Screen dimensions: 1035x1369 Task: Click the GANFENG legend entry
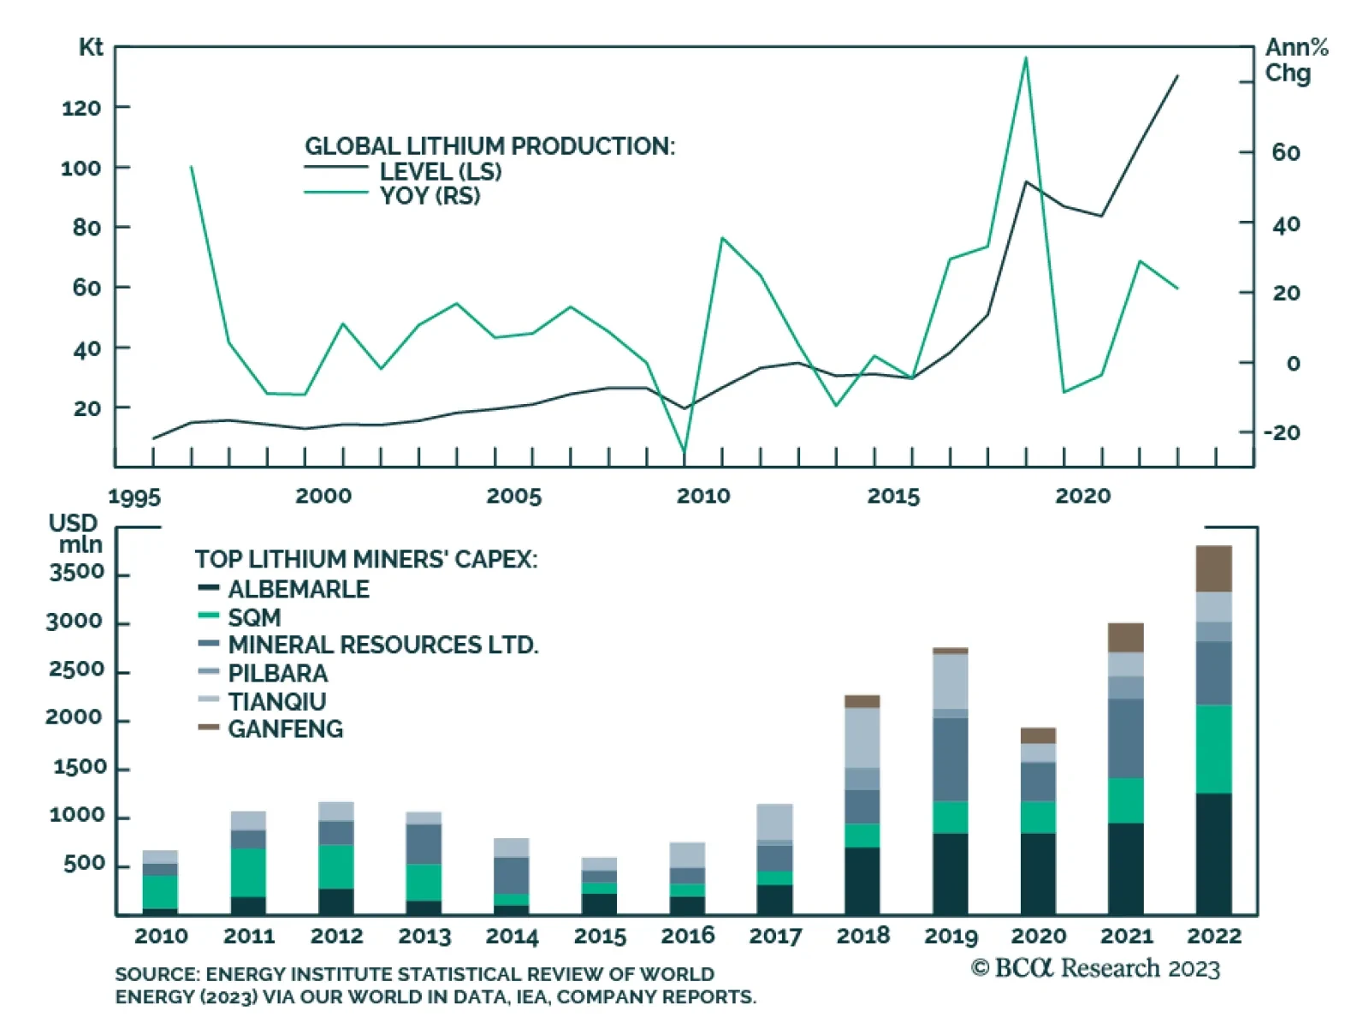coord(285,729)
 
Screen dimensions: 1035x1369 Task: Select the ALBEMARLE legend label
coord(299,589)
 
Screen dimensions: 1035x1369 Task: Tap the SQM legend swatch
coord(209,616)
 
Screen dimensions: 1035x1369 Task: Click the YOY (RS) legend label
coord(430,195)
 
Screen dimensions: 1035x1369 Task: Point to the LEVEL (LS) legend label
coord(440,171)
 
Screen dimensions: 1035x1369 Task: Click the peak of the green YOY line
coord(1025,58)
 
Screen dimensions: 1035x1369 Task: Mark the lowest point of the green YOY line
coord(684,451)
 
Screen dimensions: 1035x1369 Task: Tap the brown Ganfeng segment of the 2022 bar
coord(1213,568)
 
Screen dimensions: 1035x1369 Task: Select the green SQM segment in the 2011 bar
coord(248,871)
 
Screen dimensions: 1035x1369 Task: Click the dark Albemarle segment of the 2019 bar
coord(950,873)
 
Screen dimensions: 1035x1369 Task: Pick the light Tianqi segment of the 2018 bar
coord(862,737)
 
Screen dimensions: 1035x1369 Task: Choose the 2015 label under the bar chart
coord(600,936)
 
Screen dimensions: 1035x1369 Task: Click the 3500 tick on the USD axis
coord(76,572)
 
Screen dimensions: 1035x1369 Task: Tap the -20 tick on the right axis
coord(1281,432)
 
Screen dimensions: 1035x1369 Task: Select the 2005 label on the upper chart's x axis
coord(513,496)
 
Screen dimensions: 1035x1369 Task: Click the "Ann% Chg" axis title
coord(1295,60)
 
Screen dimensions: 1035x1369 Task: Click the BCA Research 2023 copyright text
coord(1095,968)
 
